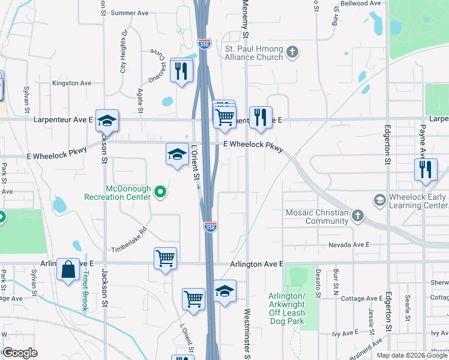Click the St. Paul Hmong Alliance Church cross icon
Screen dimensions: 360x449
[x=292, y=52]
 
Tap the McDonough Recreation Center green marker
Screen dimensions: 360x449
[x=160, y=192]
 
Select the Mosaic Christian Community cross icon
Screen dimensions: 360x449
[x=357, y=215]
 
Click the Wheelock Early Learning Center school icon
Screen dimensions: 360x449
[x=379, y=199]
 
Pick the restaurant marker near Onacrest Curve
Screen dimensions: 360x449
[x=180, y=71]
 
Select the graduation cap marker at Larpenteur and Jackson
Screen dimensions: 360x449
[x=107, y=121]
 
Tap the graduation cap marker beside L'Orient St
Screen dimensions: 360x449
[x=177, y=155]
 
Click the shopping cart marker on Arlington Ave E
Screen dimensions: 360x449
[x=165, y=259]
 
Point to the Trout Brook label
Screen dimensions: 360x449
[x=86, y=291]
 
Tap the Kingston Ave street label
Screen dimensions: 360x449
[x=71, y=83]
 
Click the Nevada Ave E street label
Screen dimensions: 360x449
[x=349, y=245]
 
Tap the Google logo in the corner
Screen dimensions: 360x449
[x=20, y=353]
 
